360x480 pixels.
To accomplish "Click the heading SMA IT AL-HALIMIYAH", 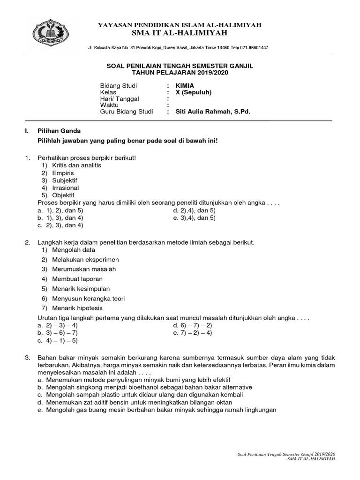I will pyautogui.click(x=180, y=33).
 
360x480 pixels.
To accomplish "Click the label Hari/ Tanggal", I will pyautogui.click(x=120, y=99).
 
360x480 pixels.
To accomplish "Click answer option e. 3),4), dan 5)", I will pyautogui.click(x=194, y=218).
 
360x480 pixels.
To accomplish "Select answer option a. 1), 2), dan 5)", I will pyautogui.click(x=60, y=210).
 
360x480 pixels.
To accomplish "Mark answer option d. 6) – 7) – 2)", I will pyautogui.click(x=192, y=325).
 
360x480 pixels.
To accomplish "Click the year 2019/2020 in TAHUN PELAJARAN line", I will pyautogui.click(x=210, y=75).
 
